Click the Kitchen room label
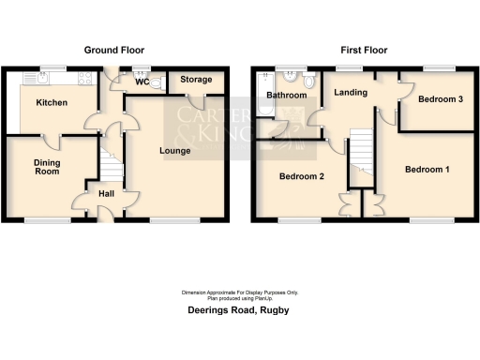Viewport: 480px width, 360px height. [52, 102]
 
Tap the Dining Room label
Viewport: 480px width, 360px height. [48, 168]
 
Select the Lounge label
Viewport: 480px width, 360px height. [175, 151]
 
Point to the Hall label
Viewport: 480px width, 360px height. [107, 194]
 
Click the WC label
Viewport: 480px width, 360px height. [142, 82]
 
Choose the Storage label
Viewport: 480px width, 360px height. [196, 81]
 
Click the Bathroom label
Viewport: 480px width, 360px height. [285, 96]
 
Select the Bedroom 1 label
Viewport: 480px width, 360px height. [427, 170]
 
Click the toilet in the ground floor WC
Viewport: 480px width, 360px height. [157, 82]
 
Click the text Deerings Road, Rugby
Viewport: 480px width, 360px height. [239, 308]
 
